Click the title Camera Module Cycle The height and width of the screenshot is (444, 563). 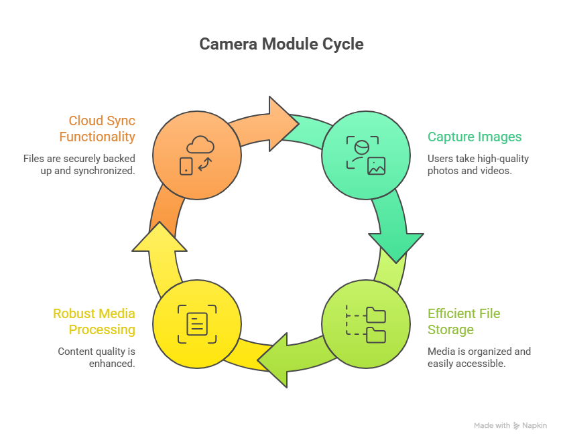(x=281, y=44)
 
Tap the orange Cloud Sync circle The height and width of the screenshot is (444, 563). (x=196, y=156)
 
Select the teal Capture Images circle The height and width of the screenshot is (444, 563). (x=365, y=156)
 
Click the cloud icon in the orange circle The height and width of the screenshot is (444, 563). (x=200, y=144)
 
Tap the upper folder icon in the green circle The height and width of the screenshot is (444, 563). (x=376, y=315)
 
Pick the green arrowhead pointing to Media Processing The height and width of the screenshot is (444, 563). (x=275, y=360)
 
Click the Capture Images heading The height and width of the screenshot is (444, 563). (x=475, y=137)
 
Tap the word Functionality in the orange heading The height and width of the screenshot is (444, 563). (x=97, y=137)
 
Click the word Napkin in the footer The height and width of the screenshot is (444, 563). (x=536, y=426)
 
